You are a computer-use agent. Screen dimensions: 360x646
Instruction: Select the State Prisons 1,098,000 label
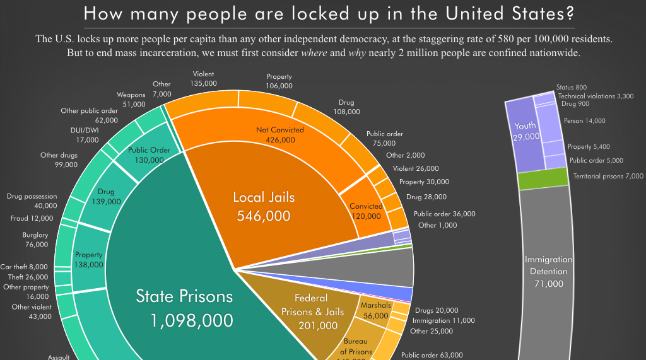[184, 308]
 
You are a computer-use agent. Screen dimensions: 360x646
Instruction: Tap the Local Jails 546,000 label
[264, 206]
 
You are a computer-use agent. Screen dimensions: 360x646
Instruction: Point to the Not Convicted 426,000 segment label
[279, 135]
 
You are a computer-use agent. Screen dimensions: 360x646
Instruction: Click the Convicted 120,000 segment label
[366, 211]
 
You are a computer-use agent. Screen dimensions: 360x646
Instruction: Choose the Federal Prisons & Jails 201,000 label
[310, 311]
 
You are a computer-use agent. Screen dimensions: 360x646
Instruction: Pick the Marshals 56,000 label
[375, 311]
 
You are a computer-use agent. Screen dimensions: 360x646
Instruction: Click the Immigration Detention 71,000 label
[549, 272]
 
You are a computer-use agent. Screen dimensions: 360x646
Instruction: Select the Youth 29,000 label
[526, 131]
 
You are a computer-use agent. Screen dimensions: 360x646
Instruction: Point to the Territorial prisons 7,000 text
[608, 177]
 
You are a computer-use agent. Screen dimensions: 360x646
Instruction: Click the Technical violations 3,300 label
[596, 96]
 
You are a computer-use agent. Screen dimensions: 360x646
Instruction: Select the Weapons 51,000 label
[131, 100]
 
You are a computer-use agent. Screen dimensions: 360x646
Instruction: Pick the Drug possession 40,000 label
[32, 201]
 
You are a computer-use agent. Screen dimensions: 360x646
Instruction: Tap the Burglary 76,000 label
[37, 240]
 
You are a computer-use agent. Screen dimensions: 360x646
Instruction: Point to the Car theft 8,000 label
[24, 267]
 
